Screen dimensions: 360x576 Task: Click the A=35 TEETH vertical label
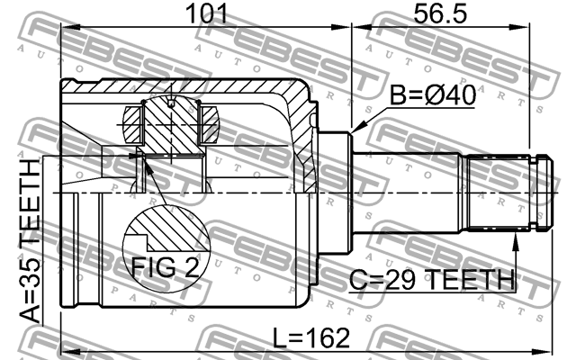click(x=30, y=239)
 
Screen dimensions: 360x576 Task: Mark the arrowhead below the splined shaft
click(x=516, y=241)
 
